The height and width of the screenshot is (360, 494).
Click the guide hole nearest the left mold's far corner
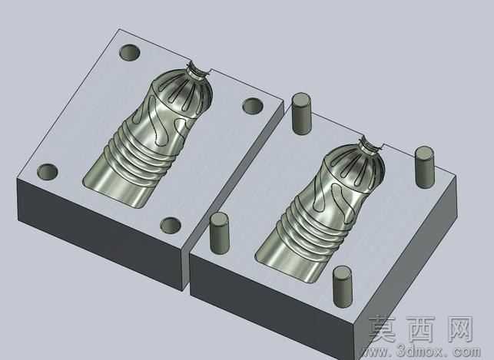(130, 52)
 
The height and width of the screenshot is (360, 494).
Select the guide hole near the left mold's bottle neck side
(253, 106)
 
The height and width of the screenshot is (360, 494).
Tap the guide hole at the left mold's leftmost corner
(48, 171)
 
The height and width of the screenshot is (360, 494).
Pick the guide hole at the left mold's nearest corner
(171, 226)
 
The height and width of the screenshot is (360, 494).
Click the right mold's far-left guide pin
(301, 114)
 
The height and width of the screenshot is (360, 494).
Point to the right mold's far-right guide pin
(424, 167)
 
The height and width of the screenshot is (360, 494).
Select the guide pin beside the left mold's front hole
(219, 233)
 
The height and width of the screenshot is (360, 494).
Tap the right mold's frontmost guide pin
(342, 286)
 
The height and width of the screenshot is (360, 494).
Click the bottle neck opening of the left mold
(198, 71)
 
